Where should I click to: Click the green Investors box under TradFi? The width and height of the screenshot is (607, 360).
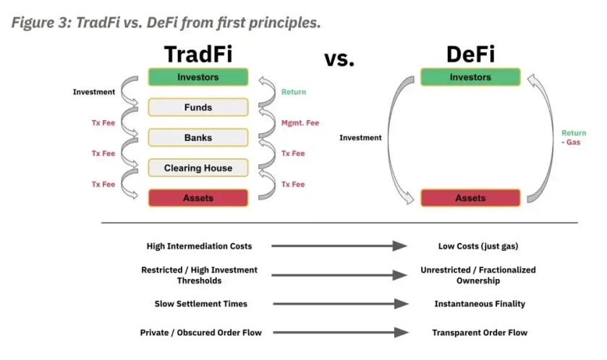tap(198, 77)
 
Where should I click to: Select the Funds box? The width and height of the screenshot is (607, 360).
tap(198, 108)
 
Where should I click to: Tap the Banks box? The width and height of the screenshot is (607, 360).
tap(198, 137)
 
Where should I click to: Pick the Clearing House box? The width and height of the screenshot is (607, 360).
tap(198, 168)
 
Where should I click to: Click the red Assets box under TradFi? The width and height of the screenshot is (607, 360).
tap(198, 197)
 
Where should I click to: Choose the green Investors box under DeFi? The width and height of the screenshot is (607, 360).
tap(470, 77)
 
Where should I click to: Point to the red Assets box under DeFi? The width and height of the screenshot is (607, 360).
tap(470, 197)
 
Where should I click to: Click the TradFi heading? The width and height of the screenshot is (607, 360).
tap(198, 54)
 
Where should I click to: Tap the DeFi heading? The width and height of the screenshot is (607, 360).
tap(470, 54)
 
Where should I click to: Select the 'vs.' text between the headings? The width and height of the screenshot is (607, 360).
tap(339, 58)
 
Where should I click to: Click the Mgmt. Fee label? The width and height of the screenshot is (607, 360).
tap(300, 123)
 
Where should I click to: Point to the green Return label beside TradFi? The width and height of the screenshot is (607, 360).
tap(294, 92)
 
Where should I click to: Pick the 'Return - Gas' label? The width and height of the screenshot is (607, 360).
tap(574, 138)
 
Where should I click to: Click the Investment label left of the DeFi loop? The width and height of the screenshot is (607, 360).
tap(360, 137)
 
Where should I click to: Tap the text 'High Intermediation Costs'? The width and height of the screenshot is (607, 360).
tap(199, 247)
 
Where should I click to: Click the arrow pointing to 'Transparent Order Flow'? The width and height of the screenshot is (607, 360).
tap(339, 333)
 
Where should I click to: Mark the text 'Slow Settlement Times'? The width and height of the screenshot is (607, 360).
tap(200, 304)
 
